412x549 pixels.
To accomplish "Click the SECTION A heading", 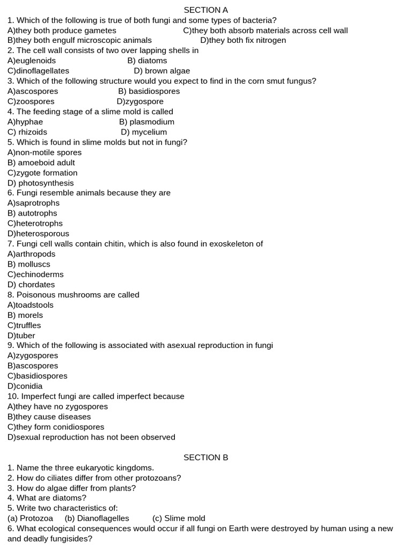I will (x=206, y=10).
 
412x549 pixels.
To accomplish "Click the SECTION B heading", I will (x=206, y=457).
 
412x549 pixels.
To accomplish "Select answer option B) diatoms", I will (x=148, y=61).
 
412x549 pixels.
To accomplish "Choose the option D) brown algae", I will (x=162, y=71).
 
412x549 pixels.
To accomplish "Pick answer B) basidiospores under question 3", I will (x=149, y=91).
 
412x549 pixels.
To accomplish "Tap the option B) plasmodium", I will (x=147, y=122).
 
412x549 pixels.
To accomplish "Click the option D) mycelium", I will (x=144, y=132).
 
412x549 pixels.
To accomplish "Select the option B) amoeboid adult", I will (x=41, y=162).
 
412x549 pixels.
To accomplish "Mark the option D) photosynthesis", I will (x=41, y=183).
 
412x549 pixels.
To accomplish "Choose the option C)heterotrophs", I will (x=35, y=224).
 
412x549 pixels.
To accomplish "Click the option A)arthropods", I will (x=32, y=254).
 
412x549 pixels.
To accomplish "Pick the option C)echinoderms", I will (x=35, y=274).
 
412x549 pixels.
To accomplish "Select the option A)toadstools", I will (x=31, y=305).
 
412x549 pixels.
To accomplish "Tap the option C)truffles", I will (x=24, y=325).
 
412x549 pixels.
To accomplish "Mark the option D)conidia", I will (x=25, y=386).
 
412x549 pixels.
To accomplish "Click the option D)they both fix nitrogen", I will (x=243, y=40).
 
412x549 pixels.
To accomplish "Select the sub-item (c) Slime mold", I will (x=179, y=518).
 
